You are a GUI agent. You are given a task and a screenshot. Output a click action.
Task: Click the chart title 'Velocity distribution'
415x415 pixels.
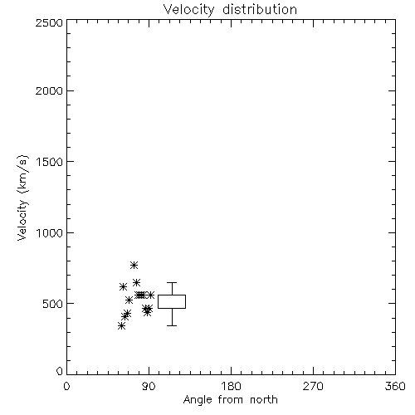click(x=230, y=10)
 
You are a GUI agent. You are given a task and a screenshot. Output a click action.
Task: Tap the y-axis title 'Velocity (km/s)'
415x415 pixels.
click(x=22, y=198)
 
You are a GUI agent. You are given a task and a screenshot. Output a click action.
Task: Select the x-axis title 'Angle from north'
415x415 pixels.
click(x=231, y=400)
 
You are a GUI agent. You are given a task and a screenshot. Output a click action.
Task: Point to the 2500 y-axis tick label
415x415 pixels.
click(x=49, y=22)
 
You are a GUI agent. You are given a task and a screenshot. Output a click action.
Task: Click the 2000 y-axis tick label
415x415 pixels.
click(x=49, y=90)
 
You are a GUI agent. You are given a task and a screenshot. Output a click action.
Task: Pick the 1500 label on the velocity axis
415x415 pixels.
click(x=50, y=162)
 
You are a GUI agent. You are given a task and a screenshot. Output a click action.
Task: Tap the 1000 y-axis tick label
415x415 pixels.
click(x=50, y=233)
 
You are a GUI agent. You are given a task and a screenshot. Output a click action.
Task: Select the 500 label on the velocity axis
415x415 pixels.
click(x=53, y=304)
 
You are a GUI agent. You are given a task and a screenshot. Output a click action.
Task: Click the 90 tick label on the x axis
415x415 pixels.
click(x=149, y=386)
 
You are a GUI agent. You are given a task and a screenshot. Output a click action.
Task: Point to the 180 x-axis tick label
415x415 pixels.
click(x=231, y=386)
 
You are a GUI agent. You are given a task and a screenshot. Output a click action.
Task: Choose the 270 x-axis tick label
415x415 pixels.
click(x=313, y=386)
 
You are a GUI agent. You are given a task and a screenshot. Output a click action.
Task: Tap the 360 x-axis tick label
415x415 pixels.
click(x=395, y=386)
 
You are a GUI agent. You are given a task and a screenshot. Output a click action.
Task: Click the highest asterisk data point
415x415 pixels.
click(x=134, y=266)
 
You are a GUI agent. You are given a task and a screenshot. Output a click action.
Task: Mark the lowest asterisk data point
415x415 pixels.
click(x=121, y=326)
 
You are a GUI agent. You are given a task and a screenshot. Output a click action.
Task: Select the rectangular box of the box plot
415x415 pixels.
click(x=172, y=295)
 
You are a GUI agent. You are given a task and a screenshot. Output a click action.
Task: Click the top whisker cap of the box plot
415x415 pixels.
click(x=172, y=282)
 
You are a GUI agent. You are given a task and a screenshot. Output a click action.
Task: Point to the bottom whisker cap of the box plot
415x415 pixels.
click(x=172, y=325)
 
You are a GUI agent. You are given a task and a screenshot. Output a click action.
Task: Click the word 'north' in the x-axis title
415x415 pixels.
click(x=264, y=400)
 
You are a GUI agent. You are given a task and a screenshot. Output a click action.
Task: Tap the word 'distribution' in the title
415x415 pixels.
click(x=260, y=10)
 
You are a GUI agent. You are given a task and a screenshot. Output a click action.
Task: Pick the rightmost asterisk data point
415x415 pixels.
click(x=150, y=295)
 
